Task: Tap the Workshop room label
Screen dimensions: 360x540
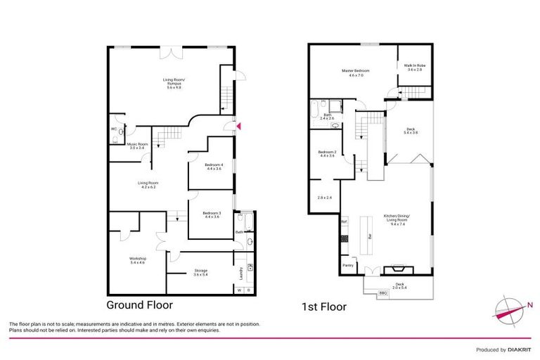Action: tap(137, 259)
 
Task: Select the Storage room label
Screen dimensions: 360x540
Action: tap(201, 271)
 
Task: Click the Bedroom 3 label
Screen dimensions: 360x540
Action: tap(212, 214)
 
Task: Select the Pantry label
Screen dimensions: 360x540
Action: tap(347, 266)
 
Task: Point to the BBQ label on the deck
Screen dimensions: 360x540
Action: tap(383, 292)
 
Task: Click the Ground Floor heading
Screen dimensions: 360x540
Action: tap(139, 305)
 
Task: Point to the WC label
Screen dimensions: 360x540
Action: tap(113, 129)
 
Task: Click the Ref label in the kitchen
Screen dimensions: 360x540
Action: tap(345, 222)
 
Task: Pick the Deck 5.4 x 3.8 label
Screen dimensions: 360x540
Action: tap(411, 131)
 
